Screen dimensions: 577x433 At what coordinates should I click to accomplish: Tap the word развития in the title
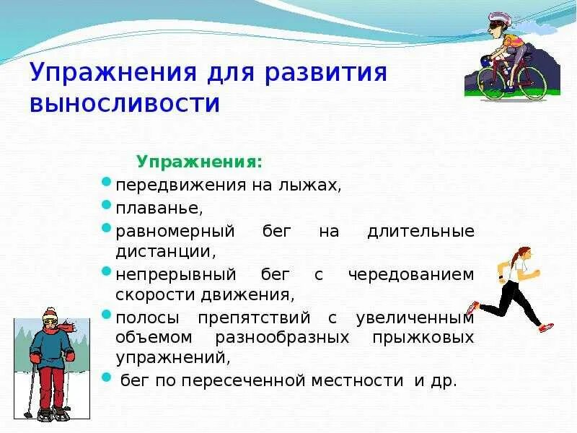click(326, 72)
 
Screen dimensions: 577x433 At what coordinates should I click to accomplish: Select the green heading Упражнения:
click(200, 162)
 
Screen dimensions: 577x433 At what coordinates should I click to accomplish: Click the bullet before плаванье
click(105, 204)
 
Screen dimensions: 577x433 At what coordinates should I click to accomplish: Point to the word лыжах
click(309, 185)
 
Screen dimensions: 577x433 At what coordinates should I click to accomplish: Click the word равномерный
click(175, 232)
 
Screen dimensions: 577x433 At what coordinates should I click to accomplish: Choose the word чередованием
click(411, 275)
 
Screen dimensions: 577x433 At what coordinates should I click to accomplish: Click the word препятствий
click(254, 318)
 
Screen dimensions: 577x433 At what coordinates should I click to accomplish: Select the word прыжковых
click(423, 338)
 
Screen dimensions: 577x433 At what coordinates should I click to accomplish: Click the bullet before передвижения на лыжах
click(105, 182)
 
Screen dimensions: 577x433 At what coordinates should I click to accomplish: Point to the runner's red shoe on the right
click(547, 327)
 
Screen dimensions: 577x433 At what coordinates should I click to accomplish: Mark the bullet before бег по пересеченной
click(106, 377)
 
